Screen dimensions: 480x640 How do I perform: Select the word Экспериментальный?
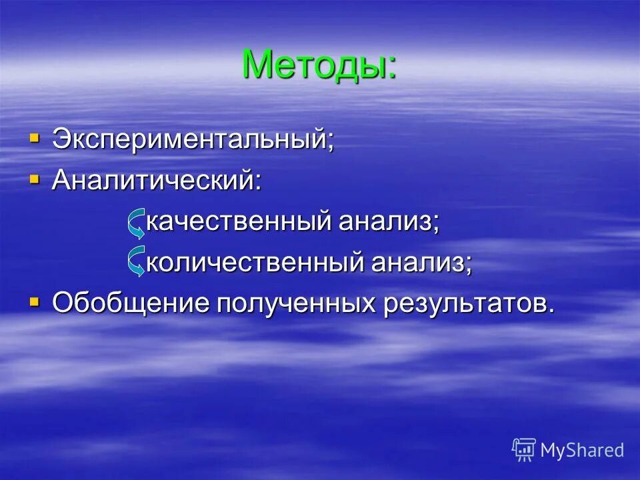click(x=189, y=141)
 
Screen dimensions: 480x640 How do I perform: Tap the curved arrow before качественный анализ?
click(x=137, y=223)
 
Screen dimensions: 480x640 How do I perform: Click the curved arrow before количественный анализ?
click(x=137, y=261)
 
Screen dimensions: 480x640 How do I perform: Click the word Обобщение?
click(x=131, y=303)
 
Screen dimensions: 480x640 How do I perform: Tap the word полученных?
click(x=296, y=303)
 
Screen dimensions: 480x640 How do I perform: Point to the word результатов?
click(x=464, y=303)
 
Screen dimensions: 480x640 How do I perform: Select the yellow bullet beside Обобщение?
click(x=35, y=302)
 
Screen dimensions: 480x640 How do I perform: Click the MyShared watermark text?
click(x=582, y=451)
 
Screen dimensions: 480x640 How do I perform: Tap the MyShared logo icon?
click(x=524, y=450)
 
